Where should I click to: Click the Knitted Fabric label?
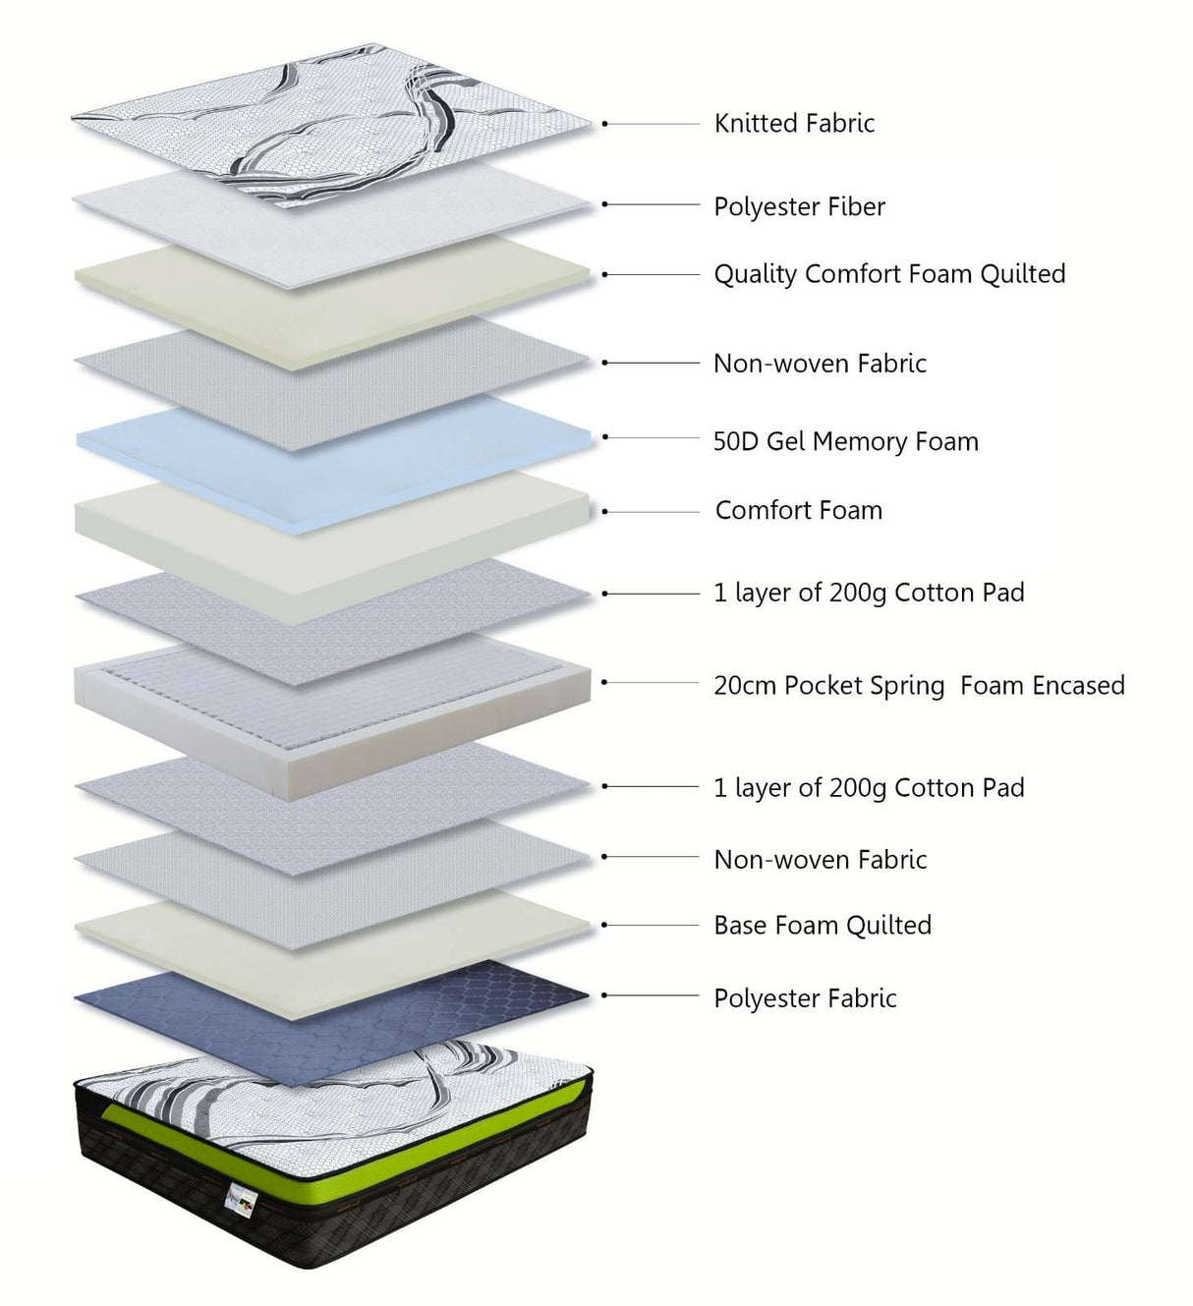[x=794, y=123]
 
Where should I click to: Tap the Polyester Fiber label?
[x=799, y=207]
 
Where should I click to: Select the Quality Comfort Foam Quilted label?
[x=889, y=274]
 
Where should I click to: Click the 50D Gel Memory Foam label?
[x=846, y=441]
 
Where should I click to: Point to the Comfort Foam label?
[x=798, y=510]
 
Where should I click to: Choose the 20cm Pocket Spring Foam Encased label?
[x=919, y=686]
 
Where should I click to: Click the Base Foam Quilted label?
[x=823, y=925]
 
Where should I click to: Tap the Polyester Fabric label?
[x=805, y=998]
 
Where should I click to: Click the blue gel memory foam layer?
[x=332, y=466]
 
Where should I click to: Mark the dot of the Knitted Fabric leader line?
[x=605, y=124]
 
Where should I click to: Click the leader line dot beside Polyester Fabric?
[x=605, y=995]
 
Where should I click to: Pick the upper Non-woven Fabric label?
[x=820, y=364]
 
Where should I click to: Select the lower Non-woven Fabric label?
[x=820, y=860]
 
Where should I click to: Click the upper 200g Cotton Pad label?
[x=869, y=594]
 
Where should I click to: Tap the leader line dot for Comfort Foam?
[x=605, y=512]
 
